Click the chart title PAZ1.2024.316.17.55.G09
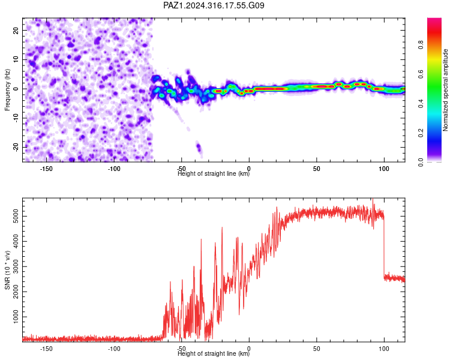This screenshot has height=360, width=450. pos(214,5)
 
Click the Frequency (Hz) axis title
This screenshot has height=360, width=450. pos(7,90)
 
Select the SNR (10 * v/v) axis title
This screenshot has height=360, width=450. pos(7,270)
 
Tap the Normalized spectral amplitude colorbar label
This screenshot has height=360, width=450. pos(445,90)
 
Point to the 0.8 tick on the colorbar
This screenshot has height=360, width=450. pos(421,44)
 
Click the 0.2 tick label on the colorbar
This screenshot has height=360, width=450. pos(421,133)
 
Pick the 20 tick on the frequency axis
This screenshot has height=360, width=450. pos(16,30)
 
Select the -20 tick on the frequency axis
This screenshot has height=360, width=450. pos(16,147)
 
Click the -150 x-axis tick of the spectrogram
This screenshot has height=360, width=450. pos(46,169)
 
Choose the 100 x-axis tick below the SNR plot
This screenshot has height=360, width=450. pos(384,349)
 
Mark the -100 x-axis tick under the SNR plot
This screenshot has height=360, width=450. pos(114,349)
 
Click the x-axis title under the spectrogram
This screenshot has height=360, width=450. pos(214,173)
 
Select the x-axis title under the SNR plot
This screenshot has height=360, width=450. pos(214,353)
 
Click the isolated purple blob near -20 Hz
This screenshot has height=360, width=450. pos(199,149)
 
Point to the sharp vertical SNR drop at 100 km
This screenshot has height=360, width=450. pos(384,247)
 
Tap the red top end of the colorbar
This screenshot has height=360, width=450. pos(434,20)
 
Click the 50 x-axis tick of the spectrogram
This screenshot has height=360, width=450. pos(317,169)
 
